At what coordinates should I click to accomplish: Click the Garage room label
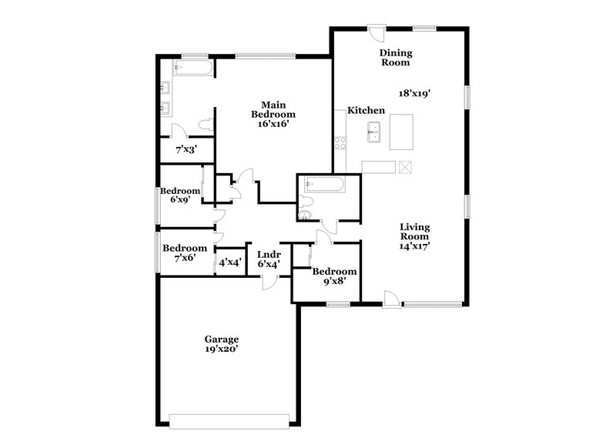(221, 339)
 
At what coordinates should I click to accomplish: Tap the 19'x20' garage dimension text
(221, 349)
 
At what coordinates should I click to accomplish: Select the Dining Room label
(397, 58)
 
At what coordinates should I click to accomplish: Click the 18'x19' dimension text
(413, 92)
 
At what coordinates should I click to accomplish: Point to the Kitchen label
(366, 111)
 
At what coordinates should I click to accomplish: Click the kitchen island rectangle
(400, 132)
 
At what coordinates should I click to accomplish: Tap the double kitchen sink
(375, 131)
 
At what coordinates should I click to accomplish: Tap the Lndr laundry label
(268, 254)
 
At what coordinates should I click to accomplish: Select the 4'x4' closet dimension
(229, 262)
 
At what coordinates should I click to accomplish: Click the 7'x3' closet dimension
(185, 149)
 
